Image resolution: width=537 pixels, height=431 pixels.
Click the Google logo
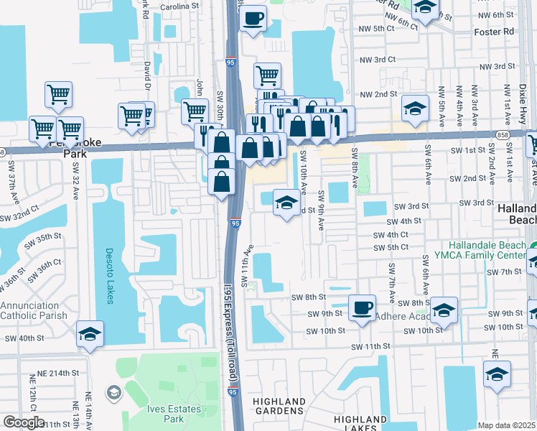tap(23, 422)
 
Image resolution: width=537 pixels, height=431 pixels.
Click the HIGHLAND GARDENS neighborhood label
tap(279, 407)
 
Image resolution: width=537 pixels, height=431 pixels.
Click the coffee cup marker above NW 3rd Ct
tap(253, 18)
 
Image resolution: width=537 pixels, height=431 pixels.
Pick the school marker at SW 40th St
tap(90, 334)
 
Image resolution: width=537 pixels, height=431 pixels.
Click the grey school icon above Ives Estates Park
tap(114, 393)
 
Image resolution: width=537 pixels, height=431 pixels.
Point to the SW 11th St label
tap(370, 346)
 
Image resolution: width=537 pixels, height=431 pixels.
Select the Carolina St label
tap(180, 5)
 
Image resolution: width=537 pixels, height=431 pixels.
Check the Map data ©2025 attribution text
tap(506, 425)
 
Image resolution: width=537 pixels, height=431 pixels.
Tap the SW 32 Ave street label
tap(75, 181)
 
